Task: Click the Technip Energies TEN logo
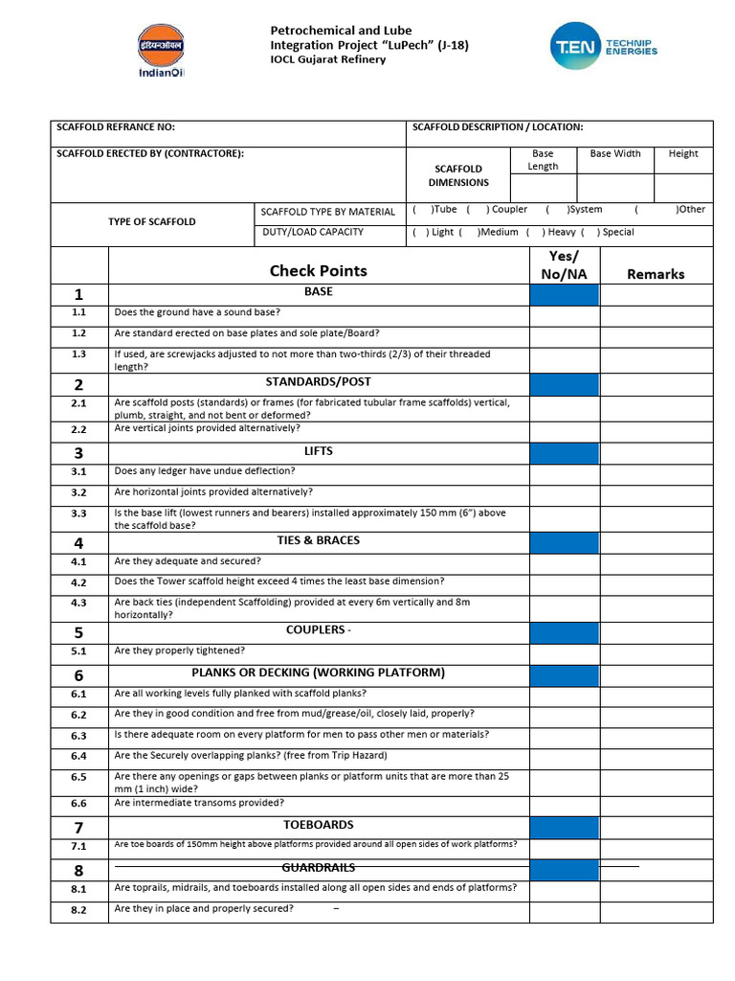click(x=604, y=47)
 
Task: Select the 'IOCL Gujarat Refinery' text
click(x=328, y=59)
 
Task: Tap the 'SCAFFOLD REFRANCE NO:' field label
click(x=116, y=127)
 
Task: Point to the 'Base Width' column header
click(x=614, y=153)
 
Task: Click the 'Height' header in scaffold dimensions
click(x=683, y=153)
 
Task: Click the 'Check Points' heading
click(x=318, y=271)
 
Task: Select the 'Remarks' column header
click(x=656, y=274)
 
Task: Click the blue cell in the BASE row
click(x=564, y=294)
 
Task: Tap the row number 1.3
click(x=78, y=354)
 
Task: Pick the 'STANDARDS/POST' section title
click(x=318, y=382)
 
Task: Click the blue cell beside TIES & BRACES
click(x=564, y=543)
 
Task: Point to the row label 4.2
click(x=78, y=582)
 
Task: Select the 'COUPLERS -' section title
click(x=318, y=630)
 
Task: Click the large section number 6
click(x=78, y=674)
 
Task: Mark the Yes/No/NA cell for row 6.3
click(x=564, y=736)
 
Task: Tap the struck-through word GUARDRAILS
click(x=318, y=867)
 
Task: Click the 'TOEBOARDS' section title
click(x=318, y=825)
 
